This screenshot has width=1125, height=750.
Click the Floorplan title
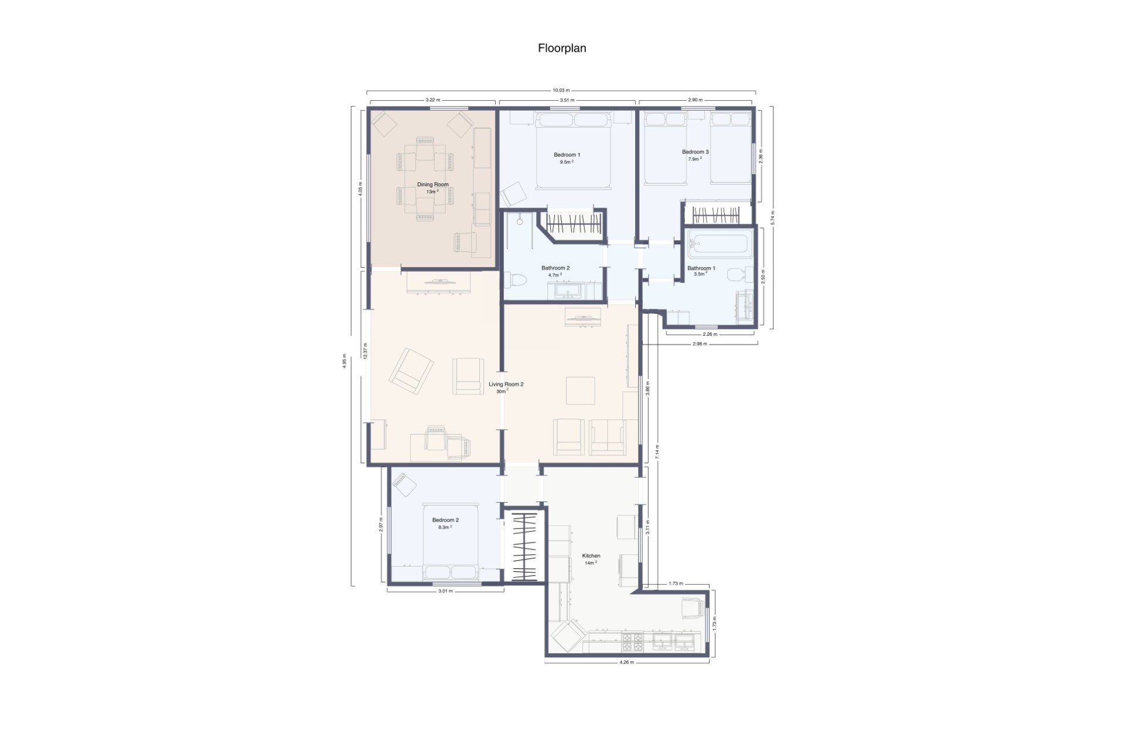coord(562,49)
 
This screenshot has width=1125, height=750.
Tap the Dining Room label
coord(432,185)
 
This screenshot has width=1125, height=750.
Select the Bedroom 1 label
coord(567,155)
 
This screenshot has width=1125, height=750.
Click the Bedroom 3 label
coord(695,152)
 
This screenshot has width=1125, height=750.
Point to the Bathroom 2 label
coord(555,268)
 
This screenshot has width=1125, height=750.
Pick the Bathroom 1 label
coord(701,268)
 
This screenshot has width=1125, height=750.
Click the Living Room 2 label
coord(506,384)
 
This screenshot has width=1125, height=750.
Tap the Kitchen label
coord(591,555)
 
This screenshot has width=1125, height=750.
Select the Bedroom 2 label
coord(445,520)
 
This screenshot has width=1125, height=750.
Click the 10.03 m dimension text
coord(561,90)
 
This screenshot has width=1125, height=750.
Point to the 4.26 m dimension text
coord(626,663)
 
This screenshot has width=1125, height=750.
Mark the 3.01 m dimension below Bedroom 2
coord(445,591)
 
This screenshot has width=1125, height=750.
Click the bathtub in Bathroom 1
coord(719,244)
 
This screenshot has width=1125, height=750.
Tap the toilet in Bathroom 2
coord(516,280)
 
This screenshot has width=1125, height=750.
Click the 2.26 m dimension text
coord(710,334)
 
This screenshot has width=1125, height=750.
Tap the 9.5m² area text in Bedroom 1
coord(566,162)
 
